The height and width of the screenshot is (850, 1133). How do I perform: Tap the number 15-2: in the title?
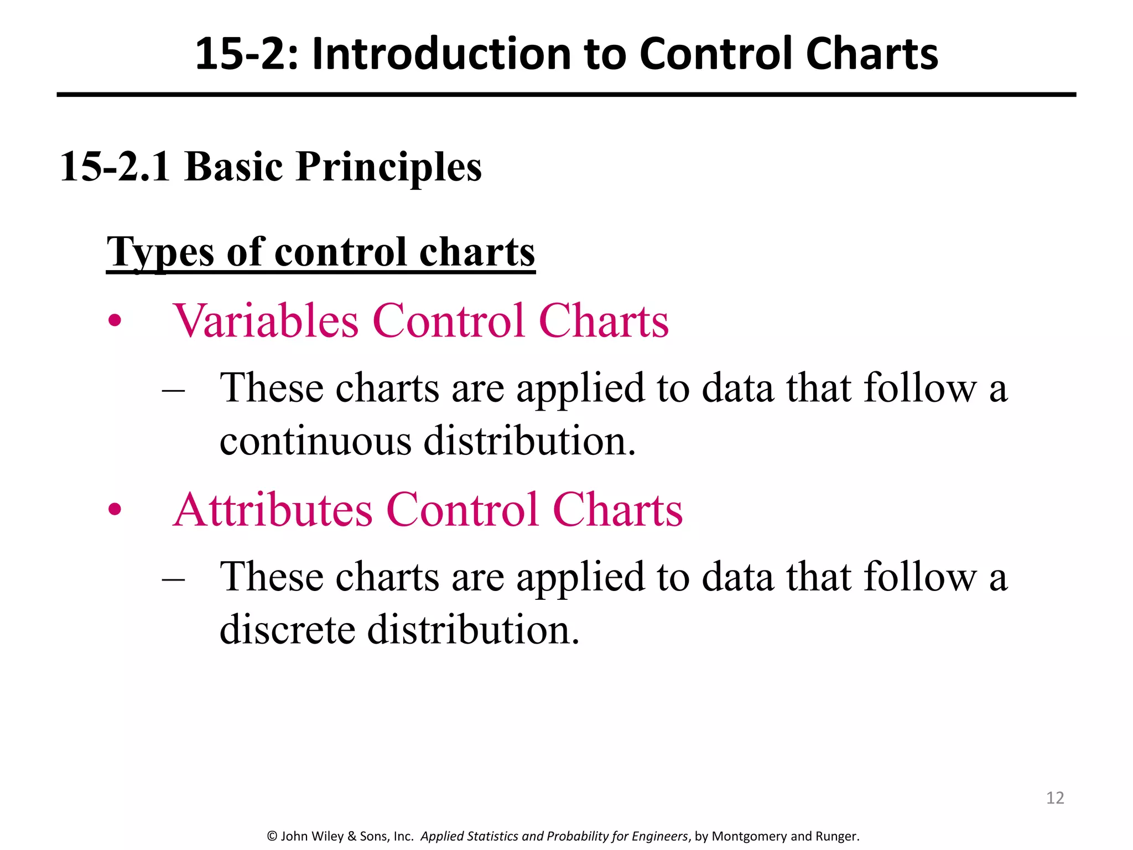tap(247, 54)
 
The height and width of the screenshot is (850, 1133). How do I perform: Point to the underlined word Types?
tap(160, 252)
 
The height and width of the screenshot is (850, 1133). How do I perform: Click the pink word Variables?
tap(266, 320)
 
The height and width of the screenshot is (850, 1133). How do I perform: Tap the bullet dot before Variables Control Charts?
tap(115, 320)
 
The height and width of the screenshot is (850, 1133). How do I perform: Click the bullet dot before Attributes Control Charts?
tap(115, 509)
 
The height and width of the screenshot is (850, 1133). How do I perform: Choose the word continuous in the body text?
tap(315, 441)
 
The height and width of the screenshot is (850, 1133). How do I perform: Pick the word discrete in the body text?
tap(287, 630)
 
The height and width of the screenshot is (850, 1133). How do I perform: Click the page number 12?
tap(1055, 797)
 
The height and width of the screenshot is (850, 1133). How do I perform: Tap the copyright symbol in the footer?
tap(272, 836)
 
